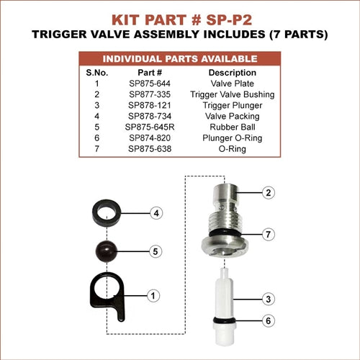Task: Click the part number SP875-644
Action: point(150,84)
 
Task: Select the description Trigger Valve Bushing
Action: point(233,94)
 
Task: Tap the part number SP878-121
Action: point(150,105)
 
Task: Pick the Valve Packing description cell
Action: point(233,117)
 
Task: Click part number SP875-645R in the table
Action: point(150,127)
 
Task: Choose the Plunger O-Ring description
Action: point(233,138)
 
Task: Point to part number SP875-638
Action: point(150,149)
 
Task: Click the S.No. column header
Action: point(97,73)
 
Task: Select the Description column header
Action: point(233,73)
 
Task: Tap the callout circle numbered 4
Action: point(156,213)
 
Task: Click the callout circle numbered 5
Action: point(156,251)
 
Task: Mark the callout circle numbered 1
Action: point(153,296)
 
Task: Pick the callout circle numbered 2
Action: point(269,192)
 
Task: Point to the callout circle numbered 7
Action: point(269,234)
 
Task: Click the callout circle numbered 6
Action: point(269,320)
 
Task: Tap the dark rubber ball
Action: point(107,251)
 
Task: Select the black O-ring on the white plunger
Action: point(225,320)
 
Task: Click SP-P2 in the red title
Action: point(229,19)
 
